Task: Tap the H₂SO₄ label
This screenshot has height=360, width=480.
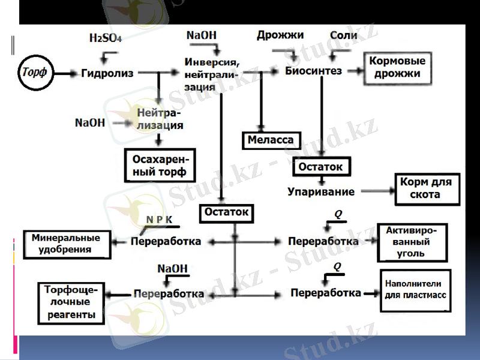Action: point(105,38)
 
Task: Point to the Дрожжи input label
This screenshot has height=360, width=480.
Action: point(280,35)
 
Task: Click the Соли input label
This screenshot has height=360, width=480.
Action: point(343,35)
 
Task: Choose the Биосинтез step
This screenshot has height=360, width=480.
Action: point(313,71)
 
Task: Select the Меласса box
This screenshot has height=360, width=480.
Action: point(271,140)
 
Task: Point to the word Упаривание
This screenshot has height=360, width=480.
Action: point(320,192)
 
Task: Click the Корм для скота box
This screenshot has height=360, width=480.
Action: point(426,189)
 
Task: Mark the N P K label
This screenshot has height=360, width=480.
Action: point(159,220)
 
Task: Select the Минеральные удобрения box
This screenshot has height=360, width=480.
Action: point(67,244)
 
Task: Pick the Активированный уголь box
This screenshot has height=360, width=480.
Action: point(412,242)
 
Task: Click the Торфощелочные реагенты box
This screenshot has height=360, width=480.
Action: point(70,302)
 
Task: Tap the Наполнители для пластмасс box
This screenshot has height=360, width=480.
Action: point(415,290)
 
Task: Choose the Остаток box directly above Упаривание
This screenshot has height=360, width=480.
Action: point(320,167)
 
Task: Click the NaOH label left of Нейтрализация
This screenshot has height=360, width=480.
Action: point(89,122)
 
